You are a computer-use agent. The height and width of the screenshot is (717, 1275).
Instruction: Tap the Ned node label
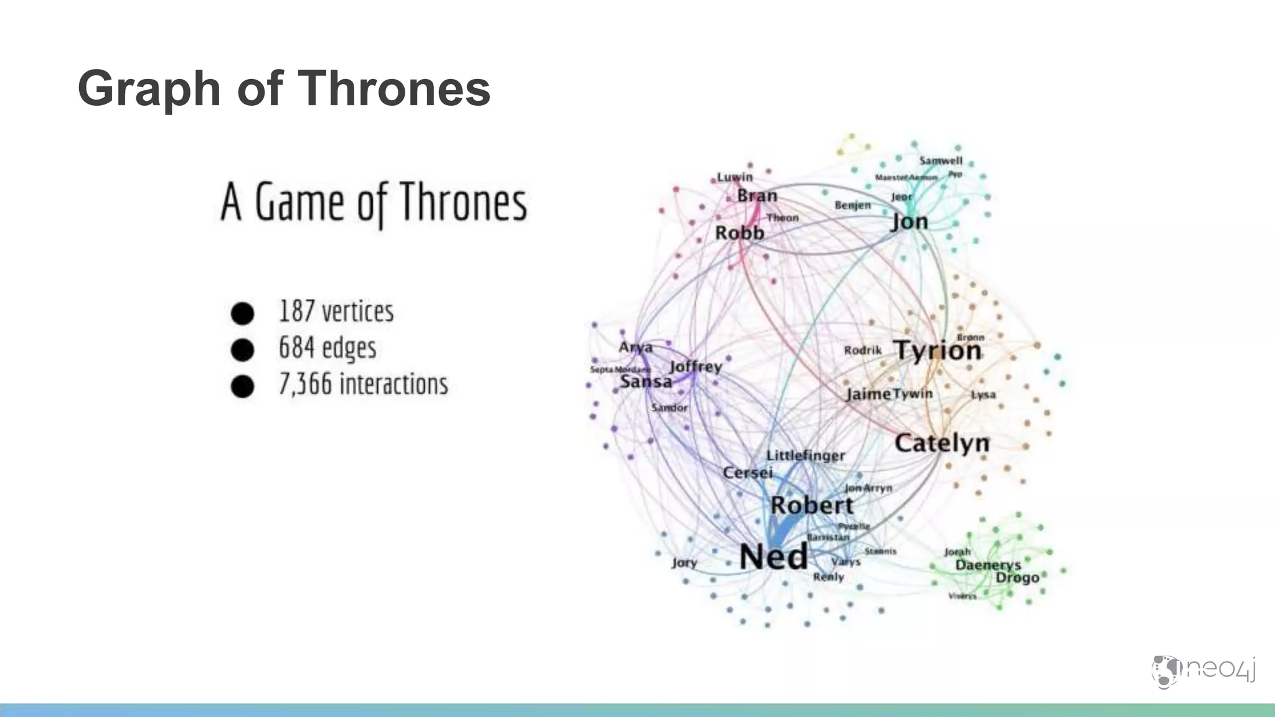[x=773, y=556]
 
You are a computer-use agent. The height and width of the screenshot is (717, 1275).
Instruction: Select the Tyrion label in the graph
[x=938, y=350]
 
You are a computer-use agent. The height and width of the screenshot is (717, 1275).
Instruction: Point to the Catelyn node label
[x=942, y=443]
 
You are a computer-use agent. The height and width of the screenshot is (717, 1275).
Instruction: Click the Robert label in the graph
[x=812, y=505]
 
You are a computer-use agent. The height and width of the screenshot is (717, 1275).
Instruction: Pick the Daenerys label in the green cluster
[x=988, y=565]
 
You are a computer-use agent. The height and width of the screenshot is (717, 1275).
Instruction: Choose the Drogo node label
[x=1017, y=578]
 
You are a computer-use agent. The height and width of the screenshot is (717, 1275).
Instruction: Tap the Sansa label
[x=646, y=382]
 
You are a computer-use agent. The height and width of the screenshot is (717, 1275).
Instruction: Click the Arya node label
[x=636, y=347]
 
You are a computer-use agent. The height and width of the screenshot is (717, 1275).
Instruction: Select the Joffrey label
[x=695, y=367]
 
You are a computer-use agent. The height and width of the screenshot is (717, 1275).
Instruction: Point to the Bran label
[x=757, y=195]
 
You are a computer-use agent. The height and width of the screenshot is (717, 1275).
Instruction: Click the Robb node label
[x=739, y=233]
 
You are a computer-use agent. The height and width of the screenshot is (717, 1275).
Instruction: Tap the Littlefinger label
[x=806, y=456]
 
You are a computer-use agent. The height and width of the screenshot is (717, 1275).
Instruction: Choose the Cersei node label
[x=747, y=473]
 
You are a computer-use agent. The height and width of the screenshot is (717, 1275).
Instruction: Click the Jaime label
[x=868, y=394]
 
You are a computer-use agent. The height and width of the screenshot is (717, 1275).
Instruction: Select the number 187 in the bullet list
[x=296, y=311]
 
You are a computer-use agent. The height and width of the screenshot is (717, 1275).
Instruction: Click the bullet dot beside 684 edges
[x=242, y=350]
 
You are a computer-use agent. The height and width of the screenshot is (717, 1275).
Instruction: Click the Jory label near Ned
[x=684, y=563]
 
